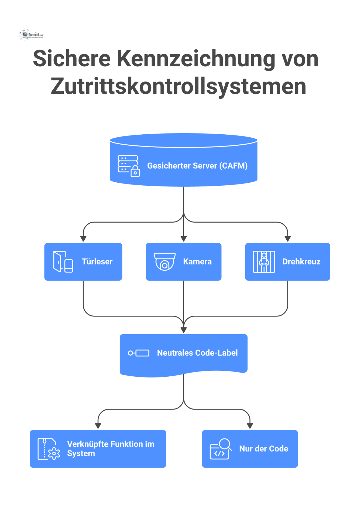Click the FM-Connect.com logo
pyautogui.click(x=31, y=35)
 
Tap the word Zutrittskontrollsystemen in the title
pyautogui.click(x=178, y=86)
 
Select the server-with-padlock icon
pyautogui.click(x=129, y=166)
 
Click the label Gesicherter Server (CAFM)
pyautogui.click(x=197, y=166)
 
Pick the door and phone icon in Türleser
pyautogui.click(x=63, y=262)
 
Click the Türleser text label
pyautogui.click(x=97, y=262)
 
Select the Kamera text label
pyautogui.click(x=197, y=262)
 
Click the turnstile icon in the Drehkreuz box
pyautogui.click(x=264, y=262)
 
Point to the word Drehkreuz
pyautogui.click(x=301, y=262)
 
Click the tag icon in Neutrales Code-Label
pyautogui.click(x=139, y=353)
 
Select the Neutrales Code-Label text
pyautogui.click(x=197, y=353)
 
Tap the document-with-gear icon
pyautogui.click(x=49, y=449)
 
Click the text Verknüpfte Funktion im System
pyautogui.click(x=110, y=449)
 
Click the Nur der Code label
pyautogui.click(x=263, y=449)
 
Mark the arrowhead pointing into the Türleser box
pyautogui.click(x=83, y=239)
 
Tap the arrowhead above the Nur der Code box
pyautogui.click(x=250, y=426)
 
